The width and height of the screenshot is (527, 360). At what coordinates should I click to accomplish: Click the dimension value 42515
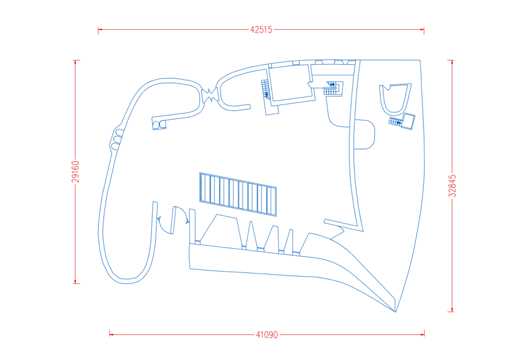(261, 29)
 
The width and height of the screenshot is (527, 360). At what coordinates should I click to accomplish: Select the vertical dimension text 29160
(76, 172)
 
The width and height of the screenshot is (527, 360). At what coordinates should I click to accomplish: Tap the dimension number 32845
(452, 186)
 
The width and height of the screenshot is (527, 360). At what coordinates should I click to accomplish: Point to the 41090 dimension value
(267, 335)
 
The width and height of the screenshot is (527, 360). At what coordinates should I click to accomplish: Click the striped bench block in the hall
(238, 194)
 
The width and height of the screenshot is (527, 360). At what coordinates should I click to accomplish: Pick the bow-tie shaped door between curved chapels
(210, 94)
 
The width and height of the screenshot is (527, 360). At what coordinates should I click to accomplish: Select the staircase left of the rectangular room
(266, 89)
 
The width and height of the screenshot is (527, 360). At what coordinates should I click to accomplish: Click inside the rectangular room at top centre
(291, 83)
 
